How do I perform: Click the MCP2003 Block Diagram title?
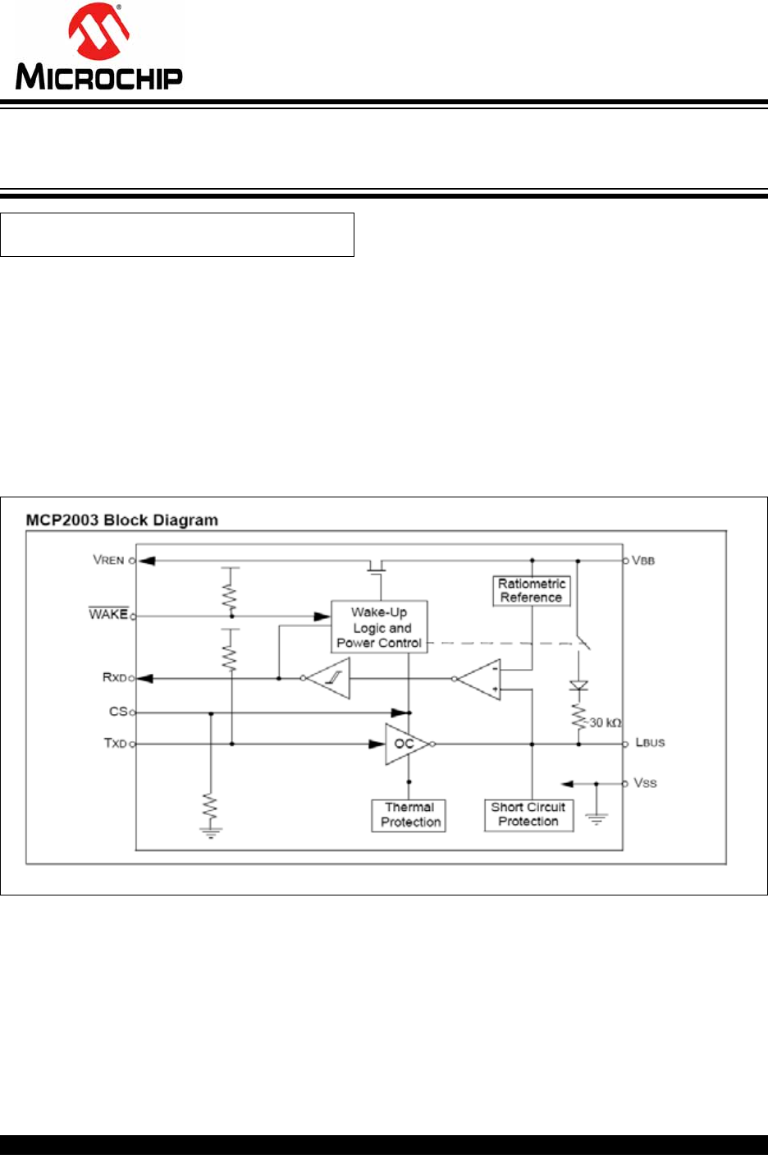pos(122,520)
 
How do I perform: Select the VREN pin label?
pos(108,560)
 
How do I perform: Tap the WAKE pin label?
pos(108,614)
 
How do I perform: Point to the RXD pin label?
pos(114,677)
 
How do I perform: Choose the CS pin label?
pos(118,712)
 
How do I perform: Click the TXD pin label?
pos(115,743)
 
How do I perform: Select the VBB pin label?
pos(643,561)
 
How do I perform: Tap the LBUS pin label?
pos(650,743)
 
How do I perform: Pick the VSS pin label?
pos(645,783)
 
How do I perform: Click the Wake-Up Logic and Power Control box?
pos(379,628)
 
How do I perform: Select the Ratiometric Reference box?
pos(532,591)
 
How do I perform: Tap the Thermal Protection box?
pos(409,815)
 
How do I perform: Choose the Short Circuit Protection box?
pos(528,814)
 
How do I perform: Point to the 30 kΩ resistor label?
pos(606,723)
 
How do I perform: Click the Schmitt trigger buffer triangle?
pos(331,678)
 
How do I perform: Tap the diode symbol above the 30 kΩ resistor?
pos(578,685)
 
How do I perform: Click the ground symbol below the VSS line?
pos(597,818)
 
